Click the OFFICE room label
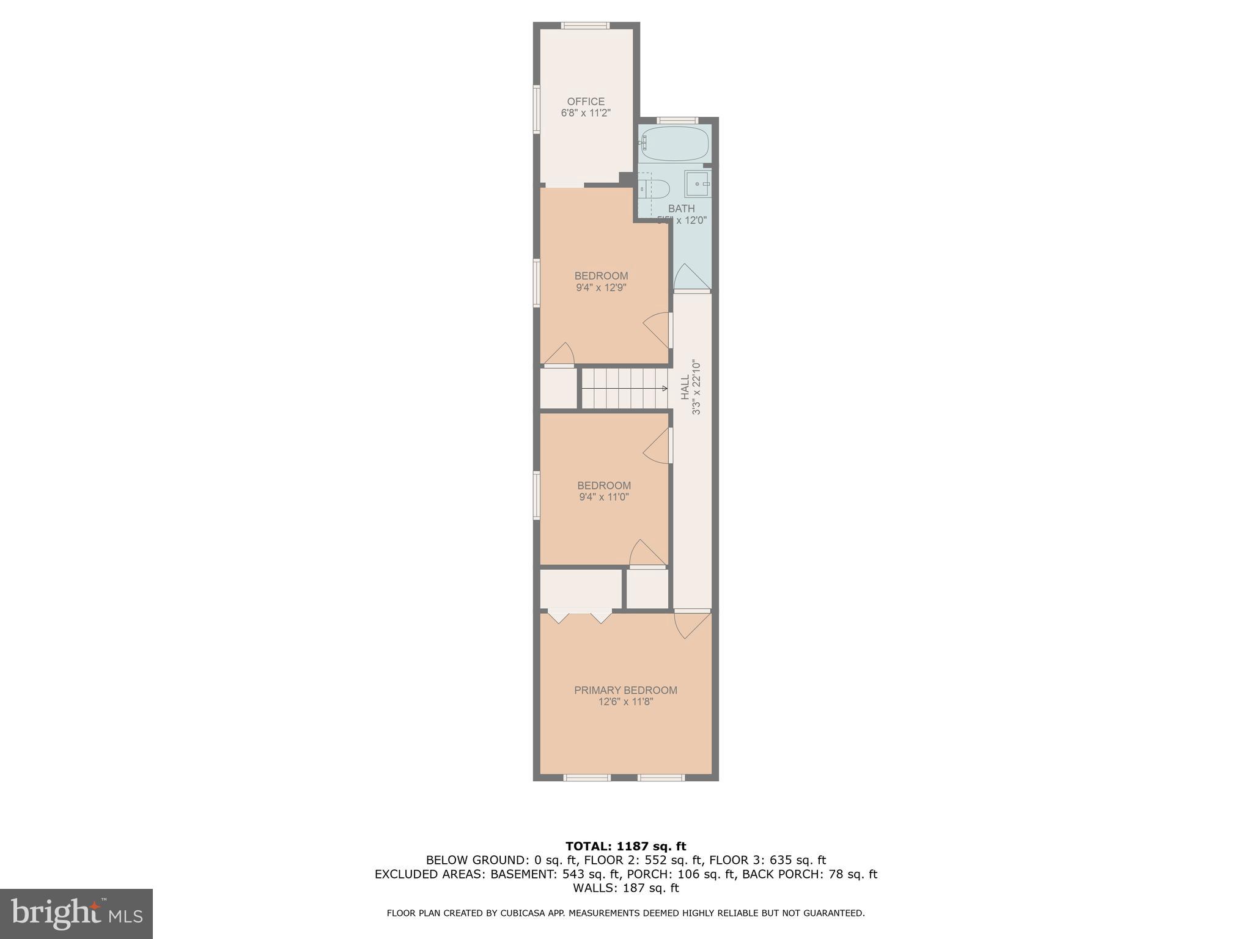pos(585,101)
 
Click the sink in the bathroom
pos(697,183)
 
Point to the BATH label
pos(681,209)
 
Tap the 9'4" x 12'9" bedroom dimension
pos(601,287)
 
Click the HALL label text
pos(685,387)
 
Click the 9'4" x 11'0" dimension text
pos(603,497)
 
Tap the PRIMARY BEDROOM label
pos(625,690)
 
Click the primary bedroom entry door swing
pos(691,625)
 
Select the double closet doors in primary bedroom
pos(580,616)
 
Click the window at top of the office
pos(585,26)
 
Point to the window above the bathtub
pos(677,120)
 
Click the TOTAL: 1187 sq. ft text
pos(625,846)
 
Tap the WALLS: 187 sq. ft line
pos(625,888)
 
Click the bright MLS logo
pos(76,913)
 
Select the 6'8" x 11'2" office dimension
pos(585,113)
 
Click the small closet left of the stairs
pos(558,388)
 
